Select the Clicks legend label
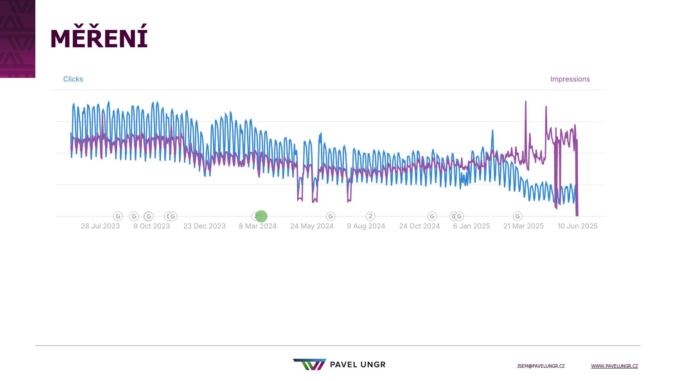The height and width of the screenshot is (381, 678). (x=73, y=79)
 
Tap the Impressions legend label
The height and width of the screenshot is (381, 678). (x=570, y=79)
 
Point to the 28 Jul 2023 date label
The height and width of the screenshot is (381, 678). (x=100, y=226)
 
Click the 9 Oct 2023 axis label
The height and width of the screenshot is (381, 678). (x=151, y=226)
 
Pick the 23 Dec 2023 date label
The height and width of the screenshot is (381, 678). (x=204, y=226)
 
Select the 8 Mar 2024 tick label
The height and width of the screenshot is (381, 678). (x=257, y=226)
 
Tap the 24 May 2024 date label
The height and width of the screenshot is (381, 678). (x=312, y=226)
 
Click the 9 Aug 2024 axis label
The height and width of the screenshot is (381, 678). (x=366, y=226)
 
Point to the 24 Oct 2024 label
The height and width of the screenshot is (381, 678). (x=419, y=226)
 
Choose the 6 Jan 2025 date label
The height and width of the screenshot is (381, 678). (x=471, y=226)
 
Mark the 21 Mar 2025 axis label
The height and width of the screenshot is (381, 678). (x=523, y=226)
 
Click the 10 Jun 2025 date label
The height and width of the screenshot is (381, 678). (x=577, y=226)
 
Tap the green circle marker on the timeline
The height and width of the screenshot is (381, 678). (x=262, y=216)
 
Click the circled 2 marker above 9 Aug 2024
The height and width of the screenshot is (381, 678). (x=370, y=216)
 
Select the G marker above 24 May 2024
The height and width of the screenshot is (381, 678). (x=331, y=216)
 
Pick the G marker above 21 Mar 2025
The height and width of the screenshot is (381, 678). (x=517, y=216)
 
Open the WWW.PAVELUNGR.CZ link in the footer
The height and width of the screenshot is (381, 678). (x=614, y=366)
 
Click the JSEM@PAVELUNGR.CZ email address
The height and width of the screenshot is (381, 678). (x=541, y=366)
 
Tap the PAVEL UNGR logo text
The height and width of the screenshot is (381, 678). (x=357, y=365)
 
